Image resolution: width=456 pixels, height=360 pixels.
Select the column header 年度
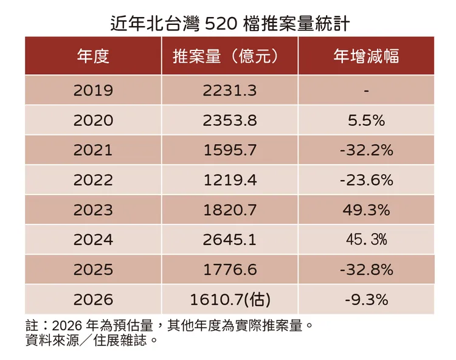93,56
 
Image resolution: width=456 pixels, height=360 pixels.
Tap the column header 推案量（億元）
229,56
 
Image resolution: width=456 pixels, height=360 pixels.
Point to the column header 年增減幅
366,56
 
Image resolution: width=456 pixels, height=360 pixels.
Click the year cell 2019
93,90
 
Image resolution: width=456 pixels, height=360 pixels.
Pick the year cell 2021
93,150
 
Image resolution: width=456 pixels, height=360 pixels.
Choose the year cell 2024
93,240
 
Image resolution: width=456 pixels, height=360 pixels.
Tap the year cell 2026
93,299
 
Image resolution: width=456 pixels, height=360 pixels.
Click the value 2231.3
229,90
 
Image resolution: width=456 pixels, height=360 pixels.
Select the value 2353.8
229,120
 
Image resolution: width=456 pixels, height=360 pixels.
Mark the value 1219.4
229,180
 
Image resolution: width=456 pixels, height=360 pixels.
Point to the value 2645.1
229,240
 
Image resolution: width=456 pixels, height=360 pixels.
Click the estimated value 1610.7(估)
229,299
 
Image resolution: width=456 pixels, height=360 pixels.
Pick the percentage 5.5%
366,120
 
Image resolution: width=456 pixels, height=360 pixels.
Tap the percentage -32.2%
366,150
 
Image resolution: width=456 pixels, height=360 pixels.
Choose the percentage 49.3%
366,210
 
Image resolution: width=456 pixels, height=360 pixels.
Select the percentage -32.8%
366,269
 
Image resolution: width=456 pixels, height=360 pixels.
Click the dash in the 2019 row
366,91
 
